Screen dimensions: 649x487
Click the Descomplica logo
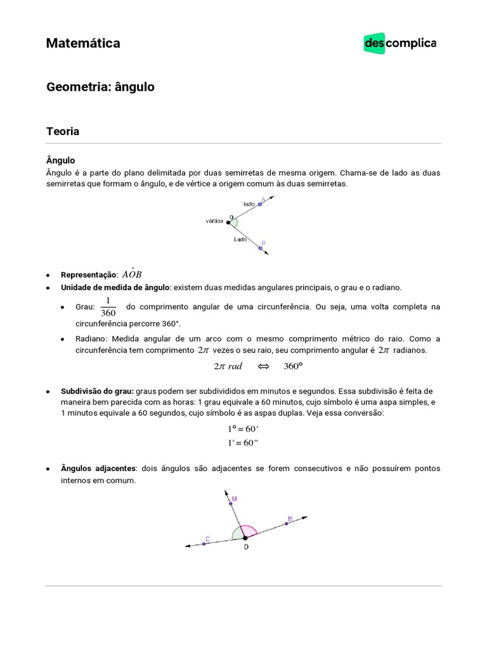pos(399,44)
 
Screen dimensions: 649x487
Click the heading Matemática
pos(83,43)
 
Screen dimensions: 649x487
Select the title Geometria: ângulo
pos(100,87)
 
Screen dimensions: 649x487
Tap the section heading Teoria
pos(63,131)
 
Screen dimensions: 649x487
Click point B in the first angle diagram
pos(260,248)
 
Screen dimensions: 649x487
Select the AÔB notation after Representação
pos(132,274)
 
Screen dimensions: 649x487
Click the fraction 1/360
pos(108,306)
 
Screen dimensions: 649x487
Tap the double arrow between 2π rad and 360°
pos(264,366)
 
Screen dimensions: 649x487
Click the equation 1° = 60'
pos(243,429)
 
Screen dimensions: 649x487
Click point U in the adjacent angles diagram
pos(230,503)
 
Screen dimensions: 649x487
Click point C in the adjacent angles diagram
pos(204,543)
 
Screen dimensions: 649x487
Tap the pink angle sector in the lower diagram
pos(249,530)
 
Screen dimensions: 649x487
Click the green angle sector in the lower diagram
pos(237,534)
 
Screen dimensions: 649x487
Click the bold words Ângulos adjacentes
pos(98,468)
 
